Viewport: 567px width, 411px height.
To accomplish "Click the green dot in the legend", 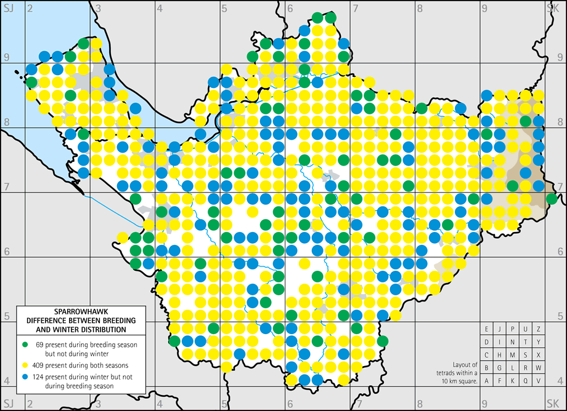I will click(25, 344).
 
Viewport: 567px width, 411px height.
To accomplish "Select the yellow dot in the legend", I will click(25, 365).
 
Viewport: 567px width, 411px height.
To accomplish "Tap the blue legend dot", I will click(25, 377).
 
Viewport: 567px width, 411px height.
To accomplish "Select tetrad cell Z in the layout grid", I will click(538, 329).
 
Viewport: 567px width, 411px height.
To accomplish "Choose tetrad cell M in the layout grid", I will click(512, 354).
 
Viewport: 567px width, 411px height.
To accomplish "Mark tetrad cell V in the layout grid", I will click(538, 380).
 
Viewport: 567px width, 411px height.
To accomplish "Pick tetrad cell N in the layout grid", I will click(512, 341).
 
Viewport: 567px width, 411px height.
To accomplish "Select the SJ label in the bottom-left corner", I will click(8, 404).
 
